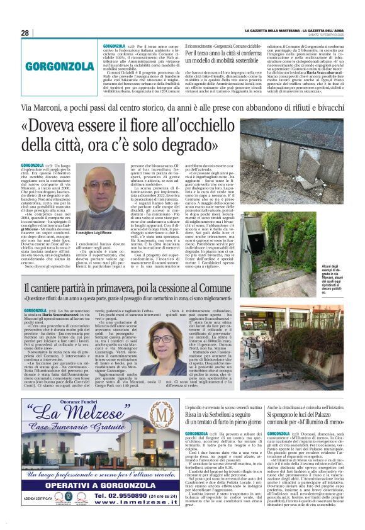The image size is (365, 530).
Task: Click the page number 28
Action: (x=25, y=33)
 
